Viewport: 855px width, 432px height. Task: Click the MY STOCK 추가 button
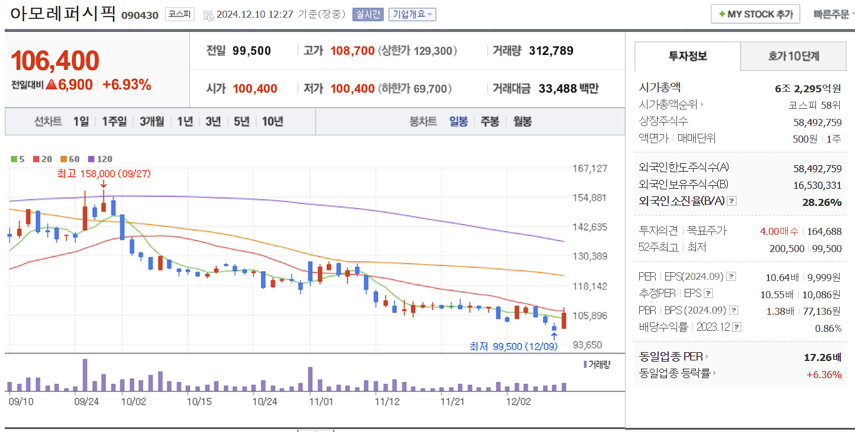(x=755, y=14)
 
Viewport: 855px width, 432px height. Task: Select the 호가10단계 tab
(x=794, y=57)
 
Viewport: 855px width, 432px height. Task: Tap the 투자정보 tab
(x=688, y=57)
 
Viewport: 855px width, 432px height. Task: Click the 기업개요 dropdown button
(x=412, y=14)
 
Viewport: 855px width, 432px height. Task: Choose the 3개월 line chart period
(x=153, y=121)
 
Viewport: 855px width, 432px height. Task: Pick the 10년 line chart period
(x=273, y=121)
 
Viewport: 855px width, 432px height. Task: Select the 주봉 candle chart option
(x=490, y=121)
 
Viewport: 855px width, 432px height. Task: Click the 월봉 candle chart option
(x=522, y=121)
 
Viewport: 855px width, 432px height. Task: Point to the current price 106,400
(x=55, y=61)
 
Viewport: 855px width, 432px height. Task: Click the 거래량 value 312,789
(x=551, y=51)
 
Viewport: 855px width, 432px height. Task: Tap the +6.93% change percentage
(x=127, y=85)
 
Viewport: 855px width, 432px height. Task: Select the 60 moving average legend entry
(x=70, y=159)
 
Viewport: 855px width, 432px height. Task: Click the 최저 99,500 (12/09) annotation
(x=513, y=346)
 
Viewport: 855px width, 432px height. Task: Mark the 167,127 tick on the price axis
(x=590, y=169)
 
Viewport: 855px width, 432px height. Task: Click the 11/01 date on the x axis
(x=320, y=401)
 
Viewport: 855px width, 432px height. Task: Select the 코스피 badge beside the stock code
(x=179, y=14)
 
